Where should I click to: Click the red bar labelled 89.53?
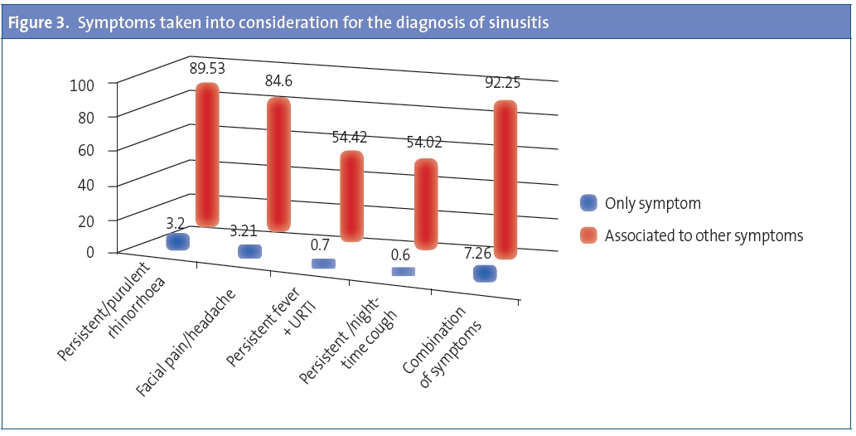207,155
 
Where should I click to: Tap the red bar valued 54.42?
351,196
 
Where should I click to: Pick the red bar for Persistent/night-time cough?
425,205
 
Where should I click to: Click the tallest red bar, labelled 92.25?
505,180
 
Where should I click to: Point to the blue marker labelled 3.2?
178,241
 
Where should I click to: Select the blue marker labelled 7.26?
485,274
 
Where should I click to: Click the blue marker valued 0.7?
323,264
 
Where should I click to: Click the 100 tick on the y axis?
89,84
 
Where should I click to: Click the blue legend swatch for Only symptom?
588,203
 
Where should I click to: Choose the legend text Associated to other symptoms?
704,235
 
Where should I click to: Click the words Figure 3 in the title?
39,24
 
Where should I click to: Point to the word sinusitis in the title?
520,24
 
